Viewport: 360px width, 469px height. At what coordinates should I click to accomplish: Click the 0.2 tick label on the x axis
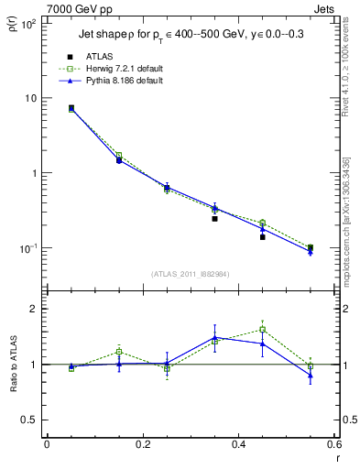(142, 445)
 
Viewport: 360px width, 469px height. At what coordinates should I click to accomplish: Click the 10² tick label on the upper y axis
(27, 24)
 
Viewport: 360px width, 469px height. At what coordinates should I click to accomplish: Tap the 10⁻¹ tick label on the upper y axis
(27, 248)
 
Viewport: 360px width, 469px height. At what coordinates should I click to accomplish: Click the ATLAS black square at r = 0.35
(214, 219)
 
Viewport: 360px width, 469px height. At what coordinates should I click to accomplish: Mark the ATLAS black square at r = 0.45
(262, 237)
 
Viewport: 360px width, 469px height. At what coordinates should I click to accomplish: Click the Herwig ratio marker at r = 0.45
(262, 330)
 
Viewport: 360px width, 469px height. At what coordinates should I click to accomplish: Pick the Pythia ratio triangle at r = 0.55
(311, 375)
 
